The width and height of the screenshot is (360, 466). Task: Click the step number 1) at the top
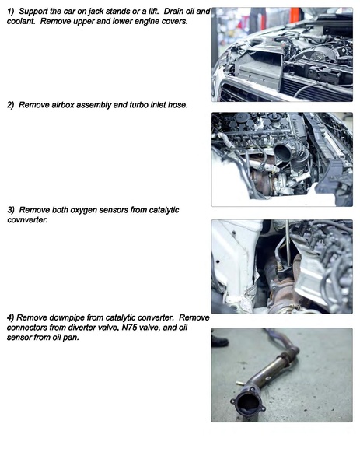(11, 12)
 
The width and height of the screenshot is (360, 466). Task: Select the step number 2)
(11, 104)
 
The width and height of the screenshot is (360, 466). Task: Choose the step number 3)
(11, 210)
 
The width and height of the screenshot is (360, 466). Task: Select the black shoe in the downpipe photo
(219, 340)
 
